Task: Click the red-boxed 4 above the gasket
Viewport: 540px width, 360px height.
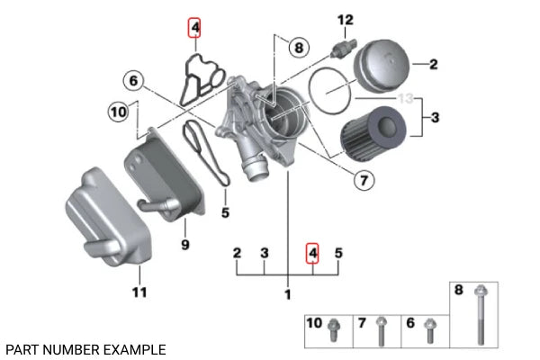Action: pos(194,28)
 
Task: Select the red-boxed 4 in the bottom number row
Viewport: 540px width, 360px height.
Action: pos(312,254)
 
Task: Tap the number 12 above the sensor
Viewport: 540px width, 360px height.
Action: pos(346,20)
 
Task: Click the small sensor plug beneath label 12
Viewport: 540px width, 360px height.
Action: pos(344,44)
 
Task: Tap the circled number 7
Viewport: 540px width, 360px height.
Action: pos(361,181)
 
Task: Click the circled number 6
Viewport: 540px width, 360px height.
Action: pos(133,82)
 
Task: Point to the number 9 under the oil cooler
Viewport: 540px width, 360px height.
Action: pos(184,243)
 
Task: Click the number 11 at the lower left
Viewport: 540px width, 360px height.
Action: pos(139,292)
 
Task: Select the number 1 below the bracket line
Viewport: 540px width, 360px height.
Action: pos(287,294)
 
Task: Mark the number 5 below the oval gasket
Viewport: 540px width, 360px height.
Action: pos(225,213)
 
